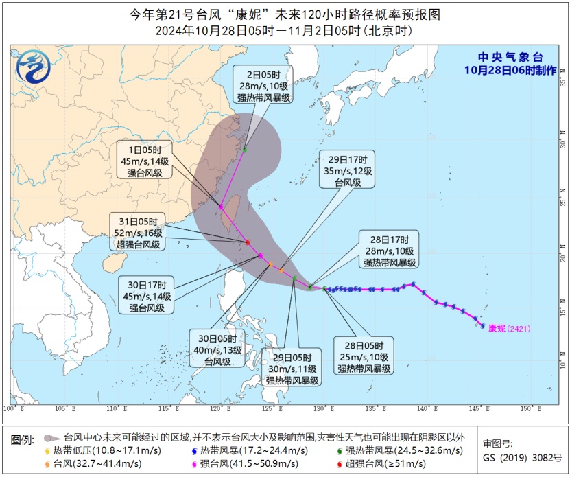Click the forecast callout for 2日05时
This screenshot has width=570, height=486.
[264, 85]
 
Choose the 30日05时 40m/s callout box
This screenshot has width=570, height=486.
[217, 350]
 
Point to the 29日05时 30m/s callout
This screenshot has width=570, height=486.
[292, 369]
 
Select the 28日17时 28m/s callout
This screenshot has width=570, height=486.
[390, 251]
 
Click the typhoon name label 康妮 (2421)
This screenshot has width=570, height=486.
[509, 329]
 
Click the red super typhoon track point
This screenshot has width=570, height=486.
[248, 242]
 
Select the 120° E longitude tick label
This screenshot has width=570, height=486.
[221, 409]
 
